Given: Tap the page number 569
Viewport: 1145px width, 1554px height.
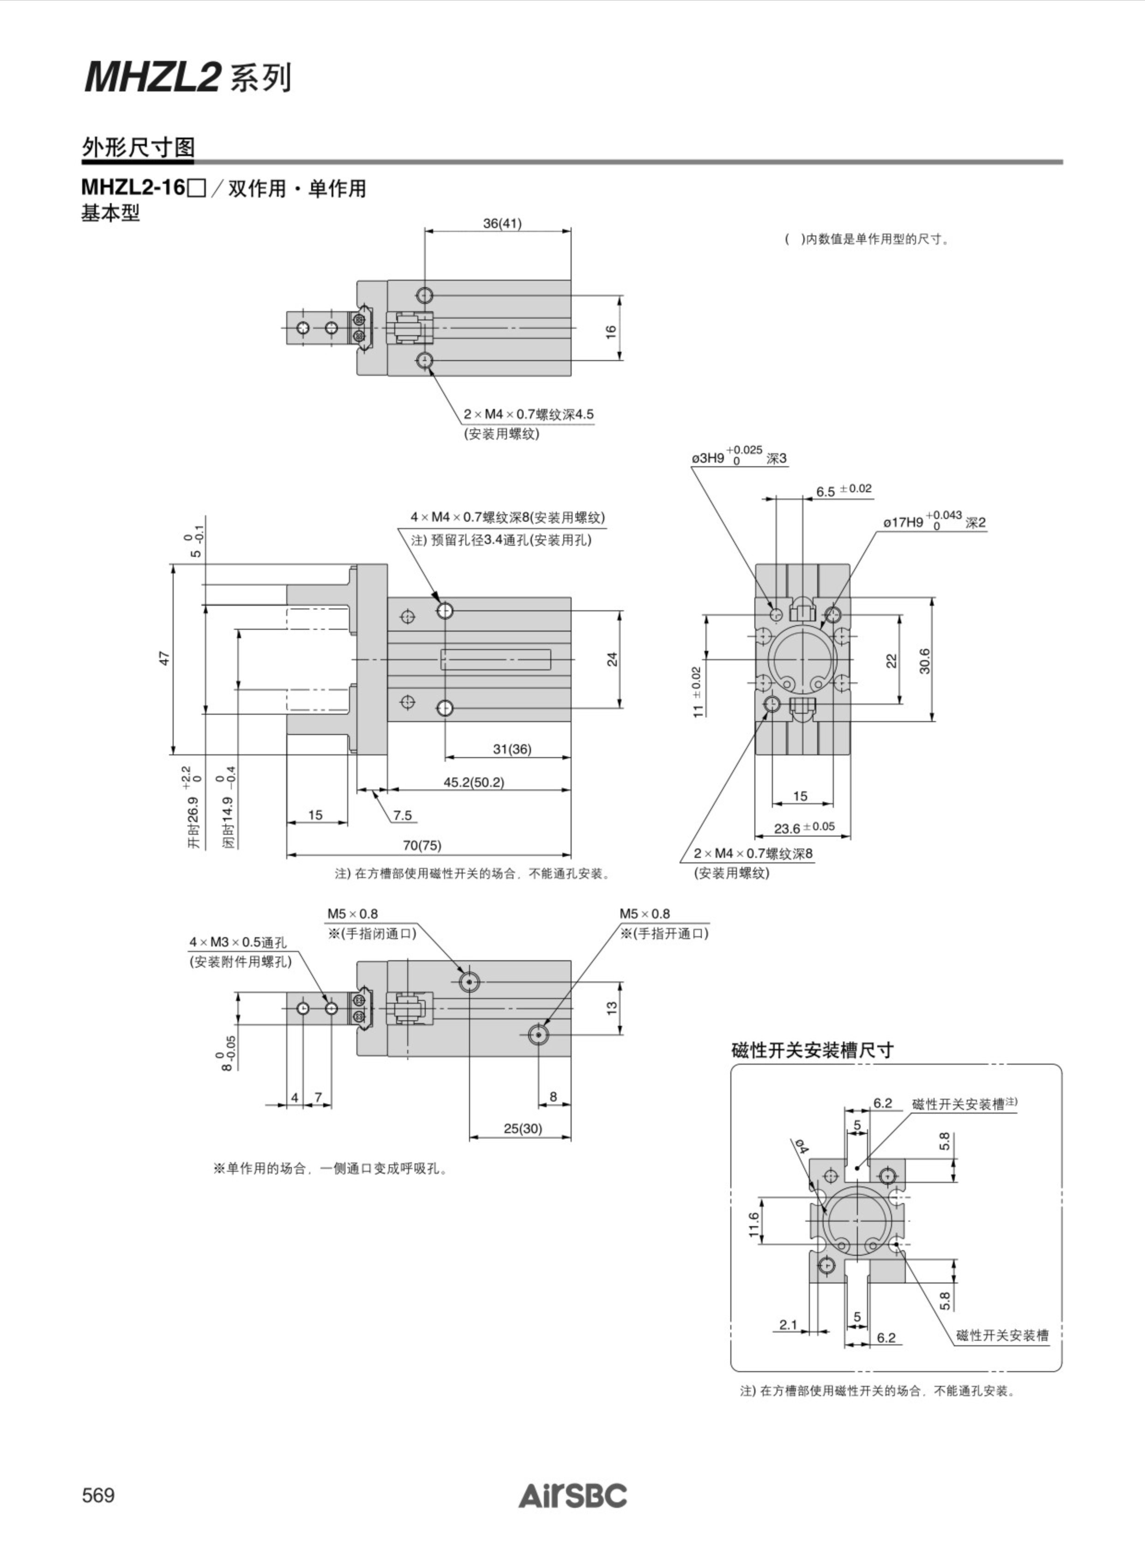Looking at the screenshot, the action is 98,1495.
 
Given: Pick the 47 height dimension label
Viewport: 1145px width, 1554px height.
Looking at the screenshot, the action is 164,658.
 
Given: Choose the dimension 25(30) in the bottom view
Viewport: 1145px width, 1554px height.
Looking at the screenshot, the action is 523,1128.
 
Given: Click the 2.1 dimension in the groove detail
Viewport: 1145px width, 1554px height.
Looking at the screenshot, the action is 788,1325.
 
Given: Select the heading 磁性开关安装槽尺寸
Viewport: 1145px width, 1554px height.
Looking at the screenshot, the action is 812,1050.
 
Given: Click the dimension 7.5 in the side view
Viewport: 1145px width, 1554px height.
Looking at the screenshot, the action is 403,815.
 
